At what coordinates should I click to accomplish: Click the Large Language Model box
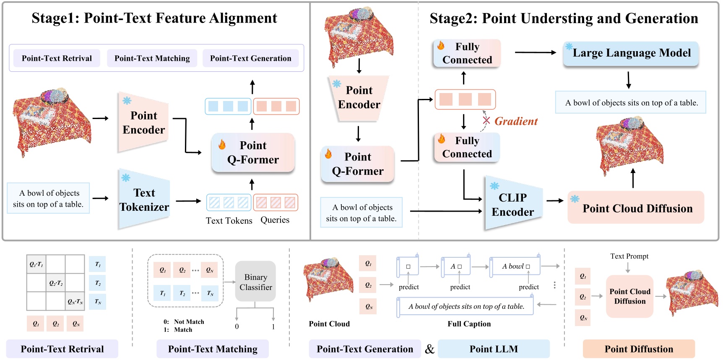[x=631, y=53]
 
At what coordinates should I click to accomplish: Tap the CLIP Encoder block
[x=512, y=205]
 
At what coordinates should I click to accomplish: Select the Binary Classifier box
[x=255, y=282]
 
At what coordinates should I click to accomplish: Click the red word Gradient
[x=516, y=122]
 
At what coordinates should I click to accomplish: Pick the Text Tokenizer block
[x=144, y=200]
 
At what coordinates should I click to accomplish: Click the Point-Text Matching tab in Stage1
[x=152, y=58]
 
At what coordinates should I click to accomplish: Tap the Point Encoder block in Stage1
[x=143, y=122]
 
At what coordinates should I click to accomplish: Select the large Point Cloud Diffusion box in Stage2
[x=637, y=208]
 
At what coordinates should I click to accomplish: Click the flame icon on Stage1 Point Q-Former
[x=222, y=145]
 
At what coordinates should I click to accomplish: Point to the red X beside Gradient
[x=486, y=121]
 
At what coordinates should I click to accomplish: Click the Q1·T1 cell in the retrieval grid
[x=36, y=264]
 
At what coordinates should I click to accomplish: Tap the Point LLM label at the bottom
[x=494, y=349]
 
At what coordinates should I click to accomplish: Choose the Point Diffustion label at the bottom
[x=638, y=349]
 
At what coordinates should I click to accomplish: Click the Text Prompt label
[x=629, y=256]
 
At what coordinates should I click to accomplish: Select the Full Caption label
[x=469, y=324]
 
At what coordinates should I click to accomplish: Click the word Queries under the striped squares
[x=275, y=220]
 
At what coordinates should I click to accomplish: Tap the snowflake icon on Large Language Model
[x=569, y=47]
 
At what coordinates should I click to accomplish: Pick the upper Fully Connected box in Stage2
[x=467, y=53]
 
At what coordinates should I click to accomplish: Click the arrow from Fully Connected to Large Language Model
[x=535, y=52]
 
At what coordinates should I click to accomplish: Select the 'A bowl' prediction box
[x=515, y=267]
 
